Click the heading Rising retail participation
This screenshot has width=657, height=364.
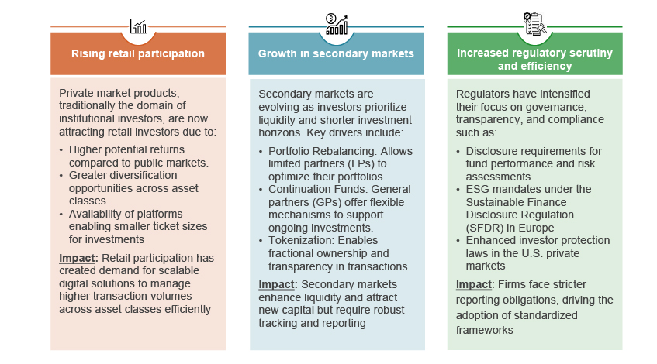[138, 53]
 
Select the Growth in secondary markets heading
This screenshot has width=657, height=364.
[336, 53]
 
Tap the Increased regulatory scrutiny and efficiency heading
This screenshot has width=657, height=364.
[534, 60]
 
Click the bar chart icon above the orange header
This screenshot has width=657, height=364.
[138, 27]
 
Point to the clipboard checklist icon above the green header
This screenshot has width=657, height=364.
[534, 24]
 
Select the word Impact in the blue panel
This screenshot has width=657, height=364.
[276, 283]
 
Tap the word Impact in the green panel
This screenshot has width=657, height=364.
[474, 283]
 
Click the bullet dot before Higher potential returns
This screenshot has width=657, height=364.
[63, 149]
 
